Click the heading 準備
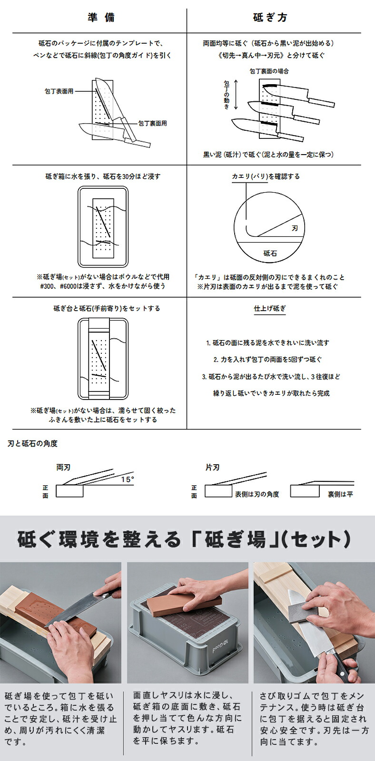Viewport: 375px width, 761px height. coord(101,18)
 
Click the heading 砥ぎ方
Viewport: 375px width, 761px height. coord(270,18)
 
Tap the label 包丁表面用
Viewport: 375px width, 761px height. coord(59,91)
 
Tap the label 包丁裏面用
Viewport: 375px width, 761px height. coord(152,123)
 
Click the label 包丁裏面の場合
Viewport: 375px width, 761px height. coord(269,71)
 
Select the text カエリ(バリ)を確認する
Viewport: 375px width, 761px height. coord(266,176)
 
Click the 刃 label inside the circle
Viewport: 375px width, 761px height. coord(295,229)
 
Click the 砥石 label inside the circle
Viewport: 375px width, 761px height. coord(270,254)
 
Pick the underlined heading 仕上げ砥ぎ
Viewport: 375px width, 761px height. coord(270,308)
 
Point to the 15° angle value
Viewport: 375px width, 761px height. coord(127,479)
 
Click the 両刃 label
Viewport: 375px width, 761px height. coord(63,468)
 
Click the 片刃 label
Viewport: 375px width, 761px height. coord(212,468)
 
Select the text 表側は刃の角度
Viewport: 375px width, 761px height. coord(257,494)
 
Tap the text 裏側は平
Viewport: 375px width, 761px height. coord(340,494)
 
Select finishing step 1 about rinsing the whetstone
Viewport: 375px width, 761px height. coord(267,342)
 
